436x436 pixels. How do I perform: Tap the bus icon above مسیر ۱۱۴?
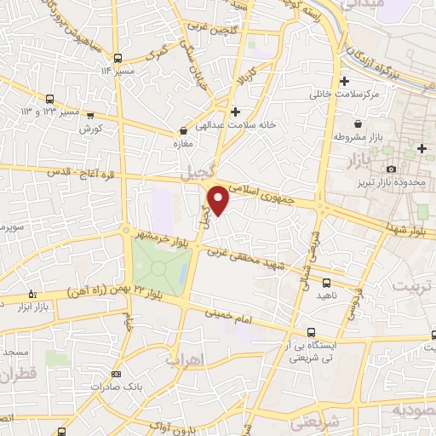click(x=116, y=58)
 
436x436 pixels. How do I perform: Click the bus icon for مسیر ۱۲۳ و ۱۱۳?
click(x=49, y=99)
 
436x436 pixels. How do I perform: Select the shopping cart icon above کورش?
click(x=90, y=115)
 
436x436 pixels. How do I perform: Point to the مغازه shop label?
click(x=183, y=144)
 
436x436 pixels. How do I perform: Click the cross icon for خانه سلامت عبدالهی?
click(x=235, y=111)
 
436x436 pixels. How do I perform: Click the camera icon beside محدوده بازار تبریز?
click(x=391, y=170)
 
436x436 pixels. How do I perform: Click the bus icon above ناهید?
click(x=327, y=282)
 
